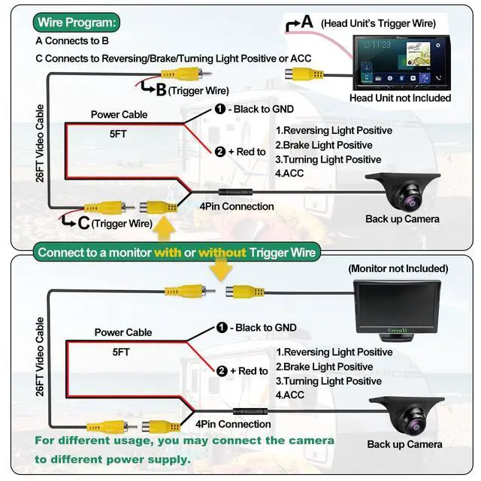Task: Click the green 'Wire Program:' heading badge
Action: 77,23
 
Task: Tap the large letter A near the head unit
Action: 307,22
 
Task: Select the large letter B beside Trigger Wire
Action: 161,90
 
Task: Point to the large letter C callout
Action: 83,223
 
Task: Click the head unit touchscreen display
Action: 402,62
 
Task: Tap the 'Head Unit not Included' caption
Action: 400,98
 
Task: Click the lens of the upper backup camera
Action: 410,201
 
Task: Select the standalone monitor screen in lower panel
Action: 398,306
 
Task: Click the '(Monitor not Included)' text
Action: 398,269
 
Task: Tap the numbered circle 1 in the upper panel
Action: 220,109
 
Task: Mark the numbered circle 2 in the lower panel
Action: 222,371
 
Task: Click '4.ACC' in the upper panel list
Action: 289,174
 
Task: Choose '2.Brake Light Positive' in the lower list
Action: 324,367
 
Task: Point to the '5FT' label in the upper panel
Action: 118,134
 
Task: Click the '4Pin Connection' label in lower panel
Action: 233,424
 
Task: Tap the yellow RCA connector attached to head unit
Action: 304,74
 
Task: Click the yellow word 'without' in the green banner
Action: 222,253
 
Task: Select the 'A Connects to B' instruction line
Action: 72,41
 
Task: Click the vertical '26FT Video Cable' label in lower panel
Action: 40,357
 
